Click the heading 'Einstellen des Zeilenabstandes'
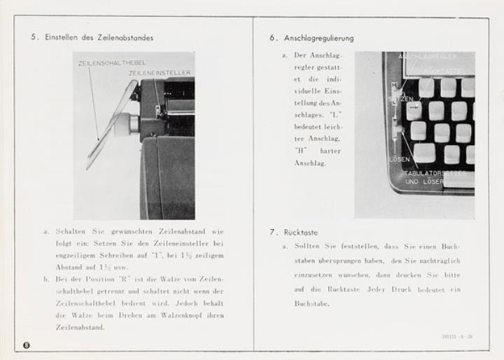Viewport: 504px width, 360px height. [x=99, y=37]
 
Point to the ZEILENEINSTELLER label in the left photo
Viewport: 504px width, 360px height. [x=159, y=72]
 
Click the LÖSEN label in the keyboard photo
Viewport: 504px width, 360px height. [x=399, y=159]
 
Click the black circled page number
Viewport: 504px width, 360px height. [x=27, y=343]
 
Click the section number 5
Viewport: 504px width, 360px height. [x=34, y=37]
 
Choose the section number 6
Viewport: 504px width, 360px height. [x=272, y=38]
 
